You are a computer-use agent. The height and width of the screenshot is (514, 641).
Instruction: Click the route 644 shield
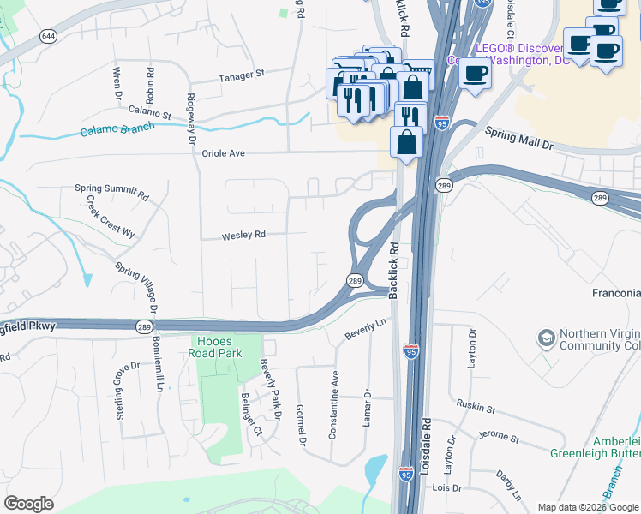click(49, 36)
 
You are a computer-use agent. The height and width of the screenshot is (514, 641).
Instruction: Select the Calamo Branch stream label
click(117, 130)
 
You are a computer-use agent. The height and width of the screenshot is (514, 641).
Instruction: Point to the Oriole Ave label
click(224, 153)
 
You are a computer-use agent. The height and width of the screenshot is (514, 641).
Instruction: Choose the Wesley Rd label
click(244, 234)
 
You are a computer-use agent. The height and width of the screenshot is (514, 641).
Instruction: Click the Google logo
click(29, 504)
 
